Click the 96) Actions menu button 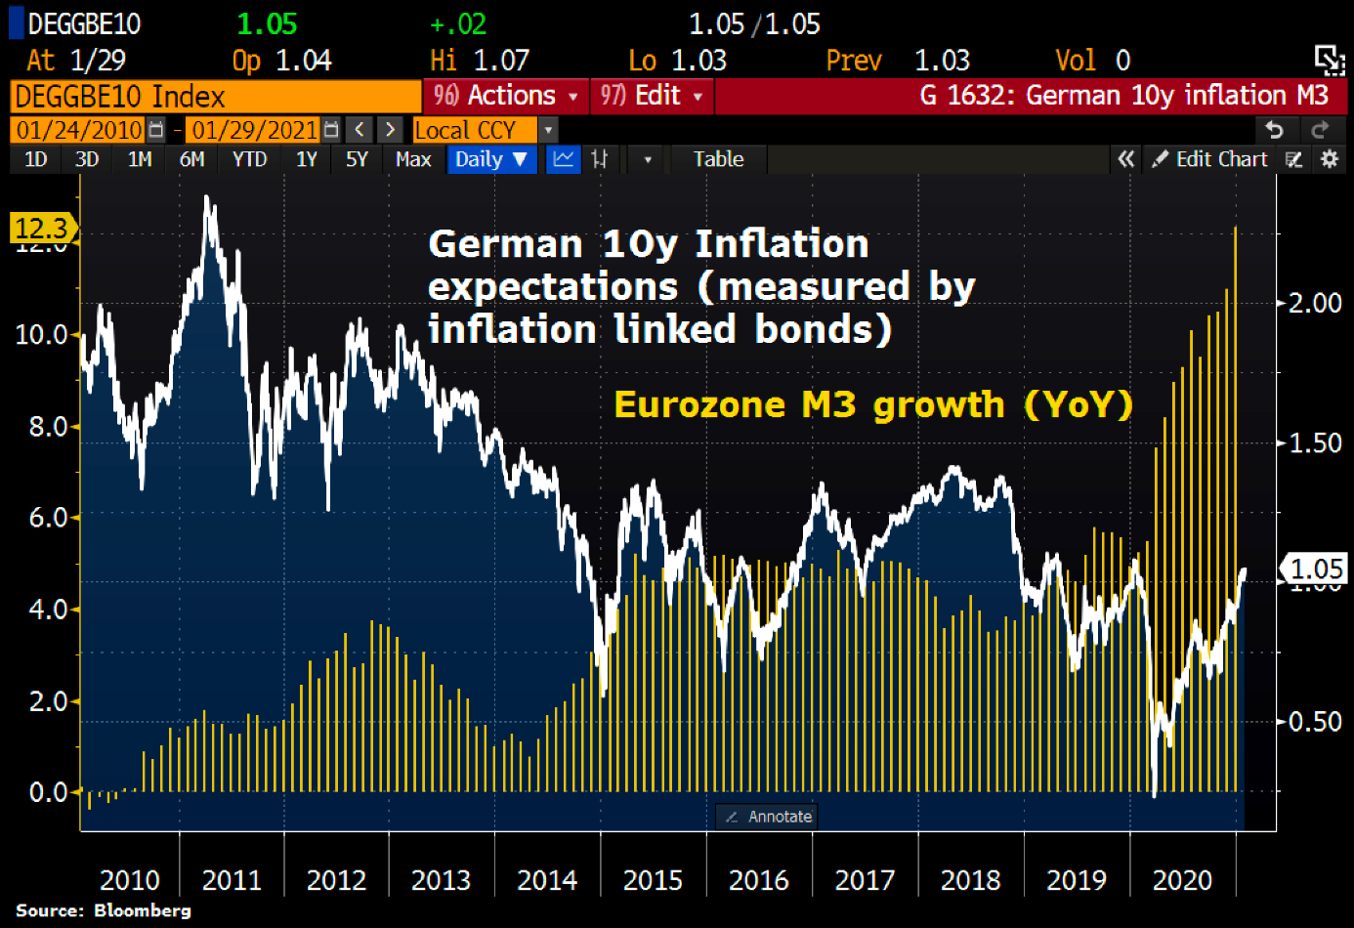point(505,96)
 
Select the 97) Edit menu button point(652,96)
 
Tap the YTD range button point(249,159)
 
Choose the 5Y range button point(357,159)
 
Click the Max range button point(413,159)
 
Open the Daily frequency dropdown point(491,159)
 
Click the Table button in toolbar point(718,159)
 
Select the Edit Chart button point(1210,159)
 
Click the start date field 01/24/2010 point(79,130)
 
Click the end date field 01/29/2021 point(254,130)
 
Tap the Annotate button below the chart point(769,817)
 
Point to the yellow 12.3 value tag point(41,229)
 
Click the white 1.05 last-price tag point(1315,569)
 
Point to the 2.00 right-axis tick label point(1315,303)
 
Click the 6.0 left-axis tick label point(48,517)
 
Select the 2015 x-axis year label point(653,880)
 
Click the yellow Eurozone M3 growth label point(873,404)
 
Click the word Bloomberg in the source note point(143,910)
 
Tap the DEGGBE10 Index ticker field point(215,96)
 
